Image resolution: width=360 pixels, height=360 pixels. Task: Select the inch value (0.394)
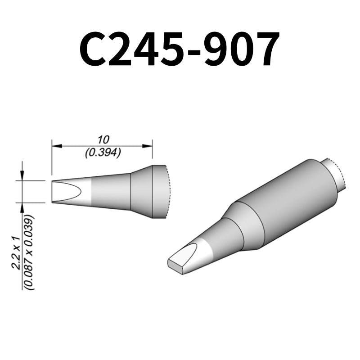pos(103,153)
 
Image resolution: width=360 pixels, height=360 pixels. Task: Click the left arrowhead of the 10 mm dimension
pos(55,145)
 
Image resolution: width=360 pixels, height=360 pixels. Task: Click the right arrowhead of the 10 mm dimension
pos(149,145)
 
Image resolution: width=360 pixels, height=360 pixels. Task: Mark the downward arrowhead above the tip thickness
pos(22,177)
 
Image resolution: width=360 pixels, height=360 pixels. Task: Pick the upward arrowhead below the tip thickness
pos(22,207)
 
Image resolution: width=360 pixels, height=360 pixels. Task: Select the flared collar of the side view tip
pos(142,192)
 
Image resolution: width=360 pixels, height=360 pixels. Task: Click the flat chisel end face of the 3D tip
pos(176,265)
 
